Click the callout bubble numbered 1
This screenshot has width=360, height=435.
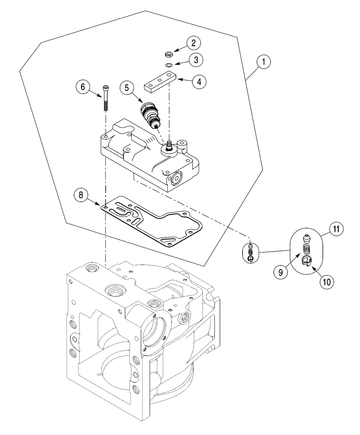(263, 62)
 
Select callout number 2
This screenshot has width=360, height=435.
(194, 43)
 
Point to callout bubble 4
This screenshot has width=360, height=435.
(200, 81)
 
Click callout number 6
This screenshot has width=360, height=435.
(81, 87)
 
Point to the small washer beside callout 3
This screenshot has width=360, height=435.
(168, 65)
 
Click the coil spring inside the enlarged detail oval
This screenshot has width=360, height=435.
(307, 251)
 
